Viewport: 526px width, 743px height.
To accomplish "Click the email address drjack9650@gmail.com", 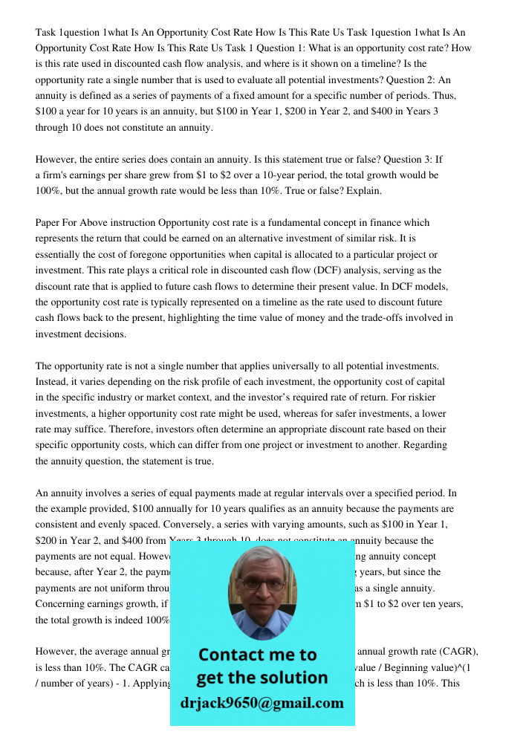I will click(262, 703).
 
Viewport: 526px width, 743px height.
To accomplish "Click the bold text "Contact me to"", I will click(258, 655).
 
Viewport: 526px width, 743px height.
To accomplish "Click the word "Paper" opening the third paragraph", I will click(49, 223).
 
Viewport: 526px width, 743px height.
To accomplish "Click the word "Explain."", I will click(363, 191).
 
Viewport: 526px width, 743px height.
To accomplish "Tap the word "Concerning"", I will click(62, 604).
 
